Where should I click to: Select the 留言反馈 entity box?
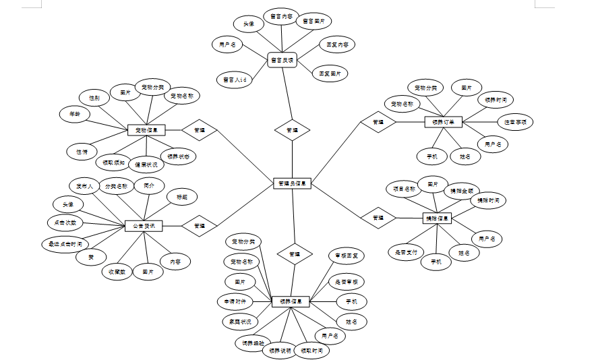click(282, 60)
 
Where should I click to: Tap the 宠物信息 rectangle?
click(146, 130)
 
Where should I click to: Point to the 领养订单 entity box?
click(443, 122)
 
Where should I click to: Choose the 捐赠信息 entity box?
click(437, 218)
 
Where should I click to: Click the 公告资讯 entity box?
click(144, 226)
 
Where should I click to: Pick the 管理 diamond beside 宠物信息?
click(200, 130)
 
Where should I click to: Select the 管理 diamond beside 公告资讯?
click(200, 226)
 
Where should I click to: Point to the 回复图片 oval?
click(330, 72)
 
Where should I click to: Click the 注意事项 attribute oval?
click(515, 122)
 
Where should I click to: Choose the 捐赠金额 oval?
click(464, 190)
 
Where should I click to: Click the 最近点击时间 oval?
click(65, 243)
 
